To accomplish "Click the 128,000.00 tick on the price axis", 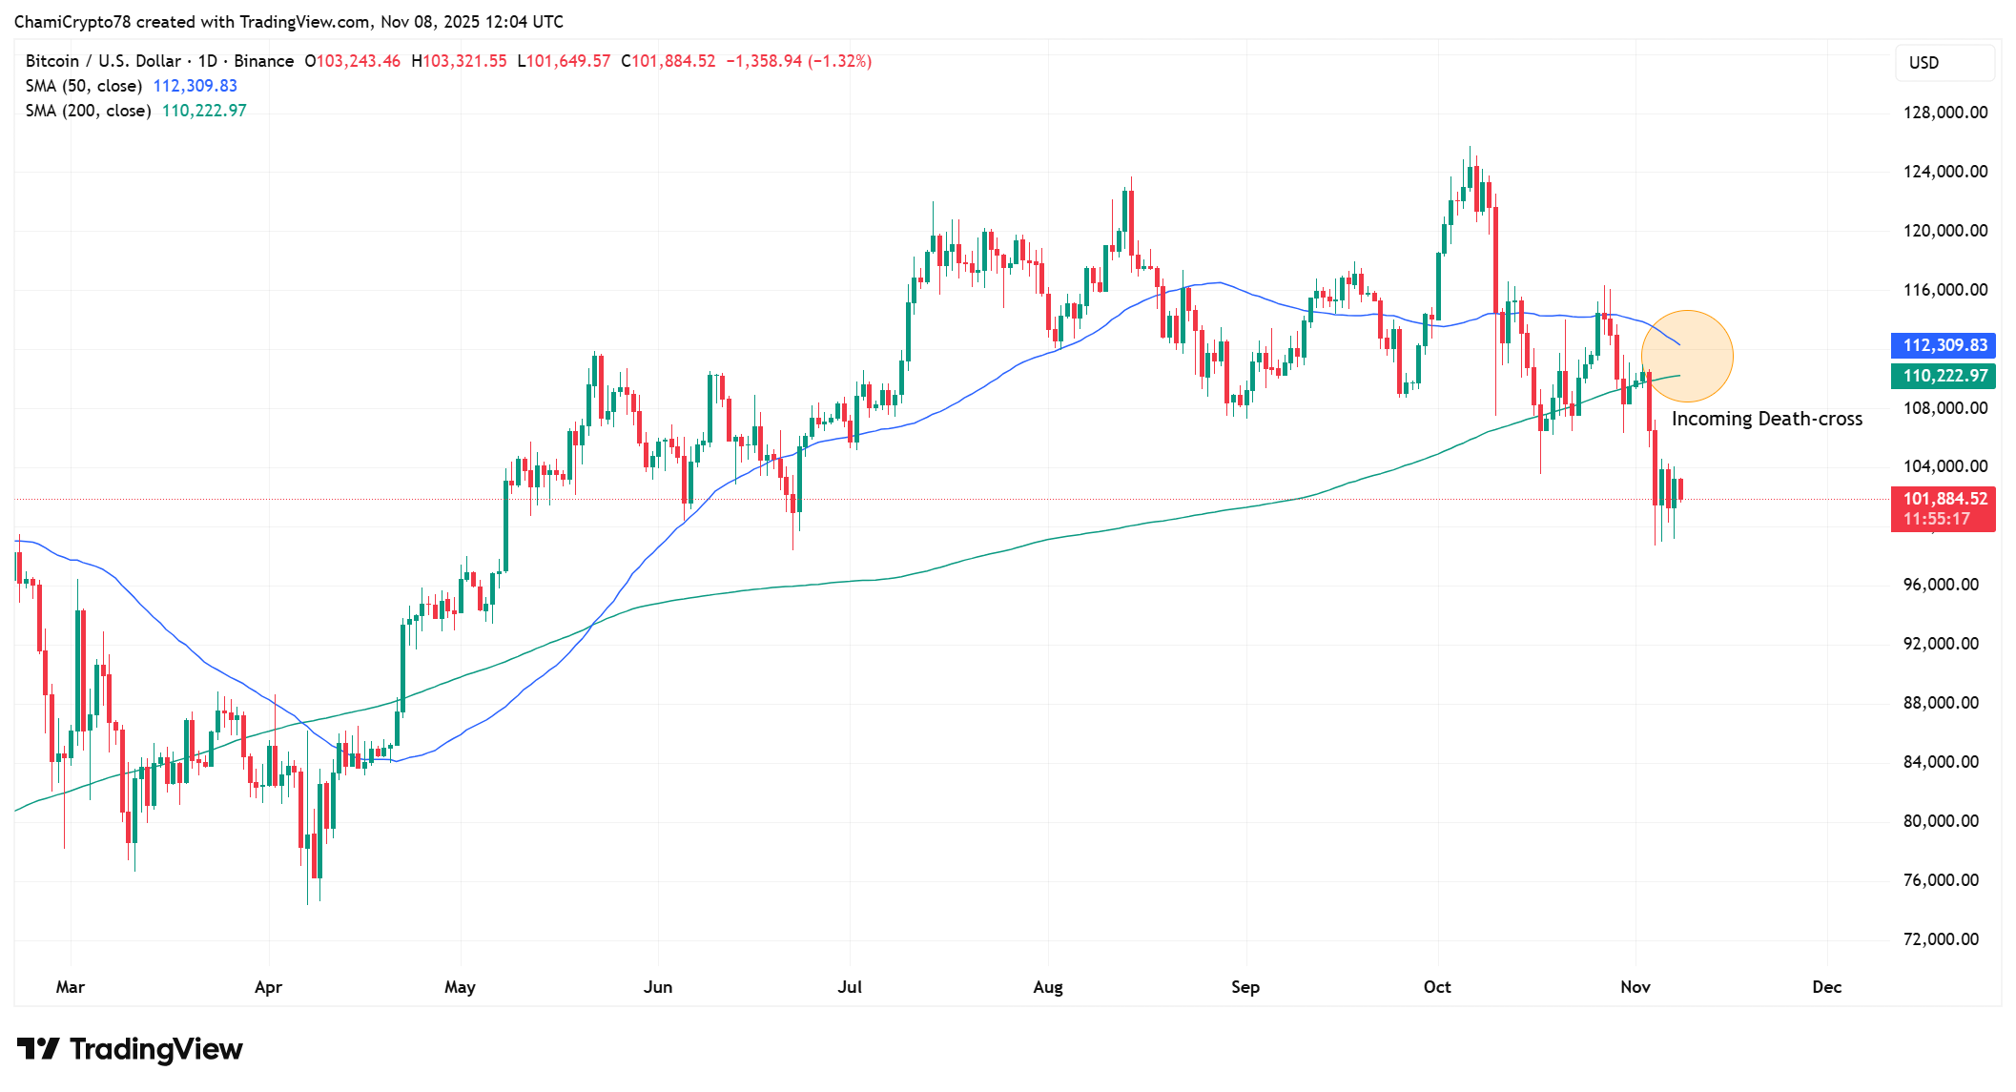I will (1944, 113).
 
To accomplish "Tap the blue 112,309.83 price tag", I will (1943, 345).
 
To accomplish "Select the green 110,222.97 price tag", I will (1943, 376).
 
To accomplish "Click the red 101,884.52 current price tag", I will (1943, 499).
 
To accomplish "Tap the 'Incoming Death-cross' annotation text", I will (1766, 419).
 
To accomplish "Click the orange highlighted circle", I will (1687, 356).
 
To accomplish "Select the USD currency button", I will (1923, 63).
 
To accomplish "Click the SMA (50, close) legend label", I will (84, 86).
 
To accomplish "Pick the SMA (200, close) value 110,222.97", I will (204, 111).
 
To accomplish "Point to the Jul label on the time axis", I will (849, 987).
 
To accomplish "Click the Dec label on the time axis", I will (1826, 987).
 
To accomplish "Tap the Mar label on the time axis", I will (70, 987).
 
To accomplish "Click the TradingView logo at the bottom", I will (131, 1049).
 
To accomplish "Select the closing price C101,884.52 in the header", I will (668, 61).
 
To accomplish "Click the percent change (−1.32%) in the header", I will (839, 61).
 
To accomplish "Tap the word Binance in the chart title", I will (263, 61).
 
